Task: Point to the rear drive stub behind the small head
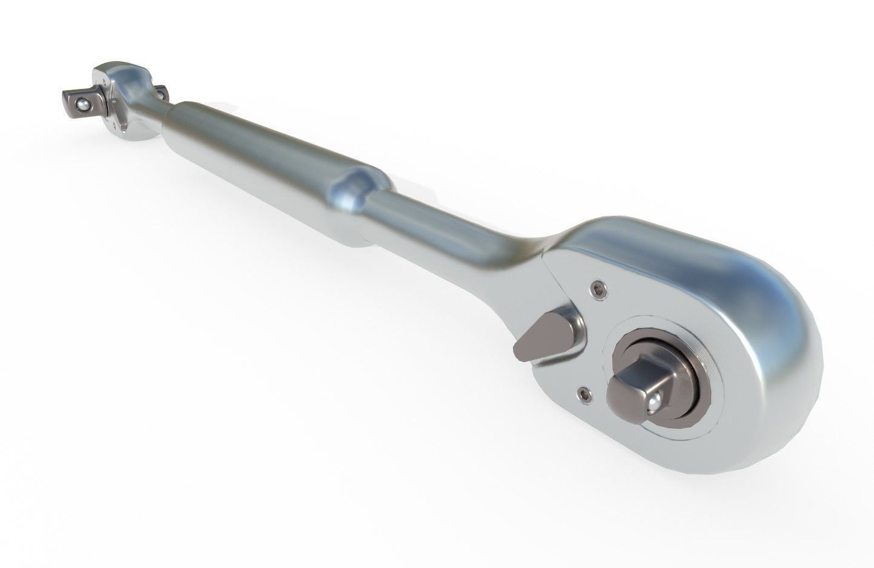point(162,93)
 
